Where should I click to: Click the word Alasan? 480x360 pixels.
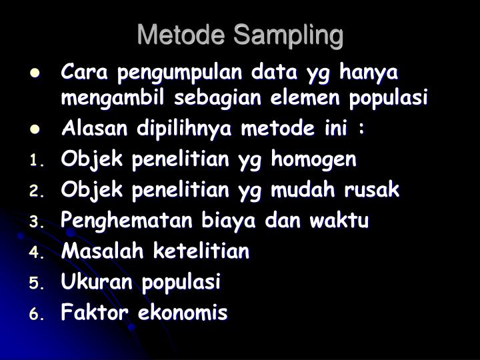94,128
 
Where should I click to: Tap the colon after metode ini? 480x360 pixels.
362,128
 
